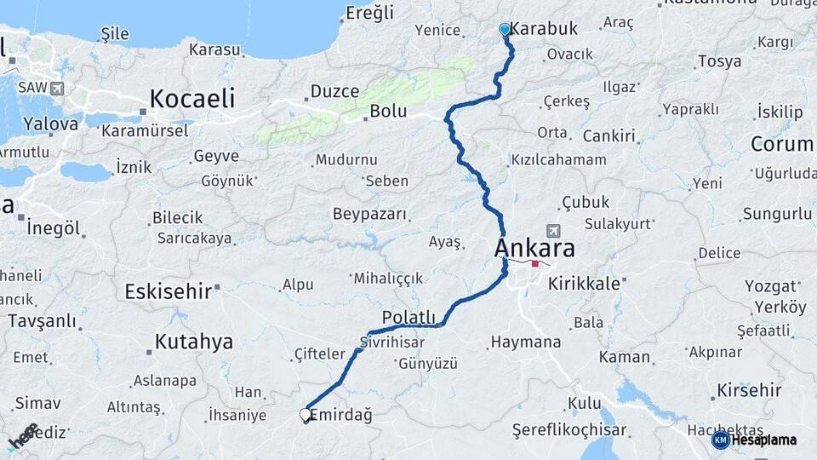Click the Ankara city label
pos(534,249)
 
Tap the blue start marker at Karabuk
pos(505,30)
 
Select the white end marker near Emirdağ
pos(306,415)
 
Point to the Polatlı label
pos(408,318)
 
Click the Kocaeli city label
pos(192,99)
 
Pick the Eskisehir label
pos(168,291)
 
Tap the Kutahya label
pos(193,342)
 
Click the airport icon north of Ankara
pos(554,230)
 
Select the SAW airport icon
pos(57,88)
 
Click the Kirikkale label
pos(584,284)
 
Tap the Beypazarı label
pos(370,214)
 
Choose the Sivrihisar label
pos(391,342)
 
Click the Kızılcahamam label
pos(558,160)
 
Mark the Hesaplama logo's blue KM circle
pos(720,440)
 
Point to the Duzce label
pos(334,91)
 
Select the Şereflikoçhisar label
pos(569,431)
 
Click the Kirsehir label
pos(749,390)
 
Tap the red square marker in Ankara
pos(535,264)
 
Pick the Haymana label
pos(526,342)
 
